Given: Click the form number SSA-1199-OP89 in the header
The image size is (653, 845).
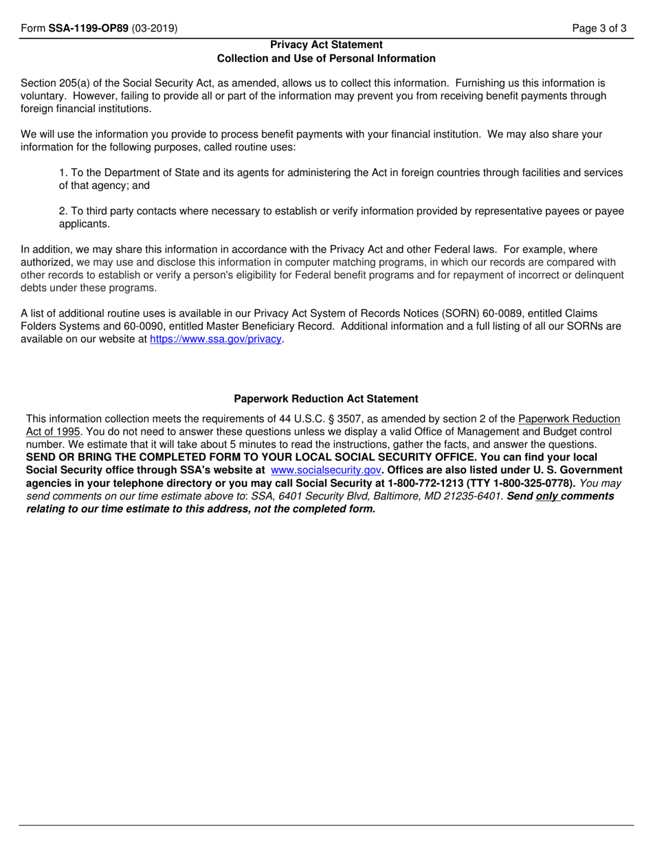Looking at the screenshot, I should point(88,29).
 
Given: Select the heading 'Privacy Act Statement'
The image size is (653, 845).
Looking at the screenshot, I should point(326,45).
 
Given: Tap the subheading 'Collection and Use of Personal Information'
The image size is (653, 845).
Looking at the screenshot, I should point(326,58).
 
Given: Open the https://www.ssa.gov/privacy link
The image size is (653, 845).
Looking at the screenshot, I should point(216,339).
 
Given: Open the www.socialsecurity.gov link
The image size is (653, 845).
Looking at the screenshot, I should point(326,470).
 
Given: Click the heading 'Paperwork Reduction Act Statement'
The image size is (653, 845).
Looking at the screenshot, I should point(326,398).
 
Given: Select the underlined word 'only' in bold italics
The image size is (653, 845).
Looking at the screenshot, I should point(547,496).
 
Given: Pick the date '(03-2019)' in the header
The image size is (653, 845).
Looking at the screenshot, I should point(155,29).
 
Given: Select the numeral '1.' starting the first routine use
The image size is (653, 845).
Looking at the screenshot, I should point(63,172).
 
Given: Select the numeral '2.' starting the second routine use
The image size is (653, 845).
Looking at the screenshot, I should point(63,211).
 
